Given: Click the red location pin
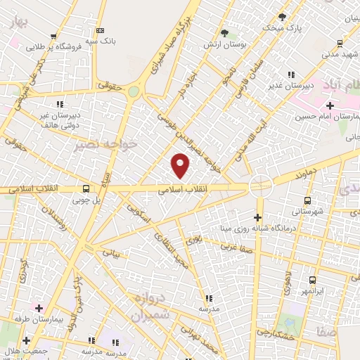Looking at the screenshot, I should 181,165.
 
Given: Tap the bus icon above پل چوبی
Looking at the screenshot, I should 86,188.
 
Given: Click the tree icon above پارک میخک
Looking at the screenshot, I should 283,17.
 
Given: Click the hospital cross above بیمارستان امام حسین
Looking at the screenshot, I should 330,105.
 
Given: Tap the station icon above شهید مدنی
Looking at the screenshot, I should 340,41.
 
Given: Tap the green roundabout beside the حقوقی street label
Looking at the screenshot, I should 134,91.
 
